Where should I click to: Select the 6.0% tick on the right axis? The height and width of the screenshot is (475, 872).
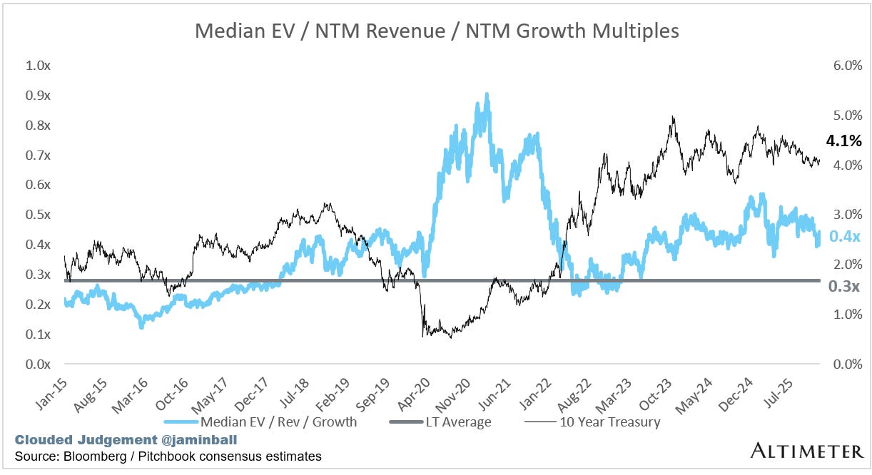[x=848, y=66]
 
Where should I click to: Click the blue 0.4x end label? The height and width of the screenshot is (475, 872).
[x=846, y=236]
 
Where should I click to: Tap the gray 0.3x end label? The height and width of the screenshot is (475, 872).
[x=846, y=286]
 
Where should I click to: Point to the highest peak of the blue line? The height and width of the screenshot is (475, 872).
[x=487, y=94]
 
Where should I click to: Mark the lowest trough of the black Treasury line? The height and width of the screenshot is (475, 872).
[x=450, y=337]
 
